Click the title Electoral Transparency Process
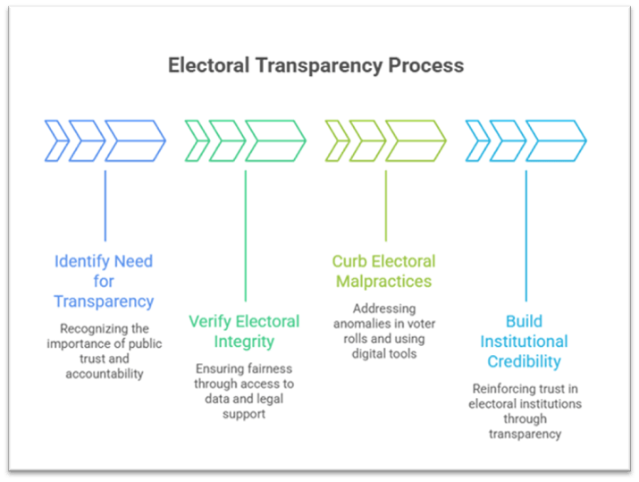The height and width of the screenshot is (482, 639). tap(316, 65)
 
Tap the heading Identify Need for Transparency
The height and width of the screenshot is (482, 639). tap(104, 281)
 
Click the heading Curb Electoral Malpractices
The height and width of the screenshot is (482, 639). tap(384, 271)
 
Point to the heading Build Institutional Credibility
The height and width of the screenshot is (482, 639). tap(524, 341)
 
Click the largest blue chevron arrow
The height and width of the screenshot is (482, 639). tap(135, 140)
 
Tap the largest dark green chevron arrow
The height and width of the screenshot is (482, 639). tap(275, 140)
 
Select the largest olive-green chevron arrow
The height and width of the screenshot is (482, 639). tap(416, 140)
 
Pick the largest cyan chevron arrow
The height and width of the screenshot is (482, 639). tap(556, 140)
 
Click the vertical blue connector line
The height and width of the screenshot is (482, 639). tap(105, 205)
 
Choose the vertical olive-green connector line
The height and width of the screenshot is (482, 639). tap(385, 205)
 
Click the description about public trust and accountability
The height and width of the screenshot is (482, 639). tap(104, 351)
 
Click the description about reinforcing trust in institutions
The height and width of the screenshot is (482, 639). tap(525, 410)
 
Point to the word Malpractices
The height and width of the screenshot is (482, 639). tap(384, 282)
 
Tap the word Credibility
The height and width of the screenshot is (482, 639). tap(524, 361)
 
